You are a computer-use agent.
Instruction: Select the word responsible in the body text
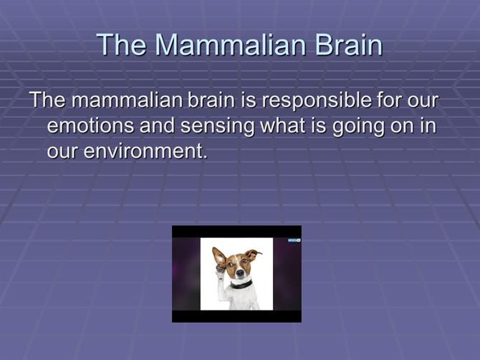tap(316, 100)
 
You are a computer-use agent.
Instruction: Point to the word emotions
tap(91, 125)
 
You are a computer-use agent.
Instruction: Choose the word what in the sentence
tap(283, 125)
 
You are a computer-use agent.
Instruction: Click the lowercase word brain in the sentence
tap(211, 100)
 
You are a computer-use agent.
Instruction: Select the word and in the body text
tap(158, 125)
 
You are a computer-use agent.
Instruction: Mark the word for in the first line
tap(389, 100)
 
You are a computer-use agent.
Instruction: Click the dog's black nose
tap(241, 272)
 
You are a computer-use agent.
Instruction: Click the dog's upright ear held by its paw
tap(219, 257)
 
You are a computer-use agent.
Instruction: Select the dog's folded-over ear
tap(254, 255)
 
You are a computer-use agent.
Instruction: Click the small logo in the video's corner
tap(294, 240)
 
